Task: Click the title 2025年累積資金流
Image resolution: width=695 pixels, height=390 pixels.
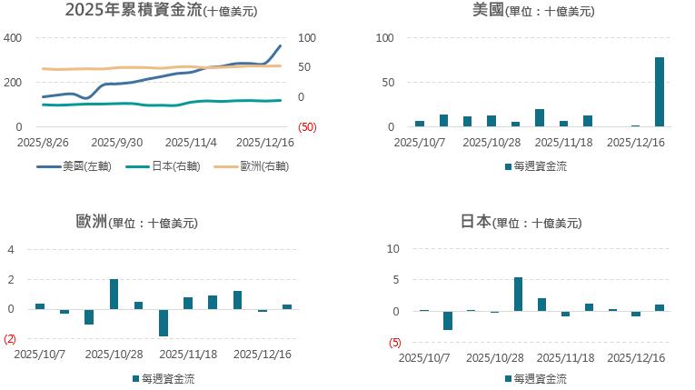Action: [x=131, y=11]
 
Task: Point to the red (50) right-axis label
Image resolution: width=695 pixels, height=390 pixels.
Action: [x=307, y=127]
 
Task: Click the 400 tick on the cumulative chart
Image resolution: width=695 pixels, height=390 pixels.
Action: [x=13, y=38]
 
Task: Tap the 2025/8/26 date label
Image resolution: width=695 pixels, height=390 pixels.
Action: [x=42, y=143]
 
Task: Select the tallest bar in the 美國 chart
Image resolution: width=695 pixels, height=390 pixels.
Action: [x=660, y=92]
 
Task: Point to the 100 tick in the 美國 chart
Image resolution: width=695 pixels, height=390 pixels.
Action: [x=385, y=38]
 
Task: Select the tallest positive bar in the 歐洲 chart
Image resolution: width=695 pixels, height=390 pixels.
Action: [x=114, y=294]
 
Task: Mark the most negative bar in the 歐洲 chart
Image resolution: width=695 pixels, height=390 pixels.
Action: [x=164, y=323]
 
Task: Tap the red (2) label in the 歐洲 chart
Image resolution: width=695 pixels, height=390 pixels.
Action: [x=10, y=339]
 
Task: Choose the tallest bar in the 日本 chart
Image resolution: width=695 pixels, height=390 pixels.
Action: [x=518, y=295]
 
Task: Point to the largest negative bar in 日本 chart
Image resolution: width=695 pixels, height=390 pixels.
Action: [x=447, y=320]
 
